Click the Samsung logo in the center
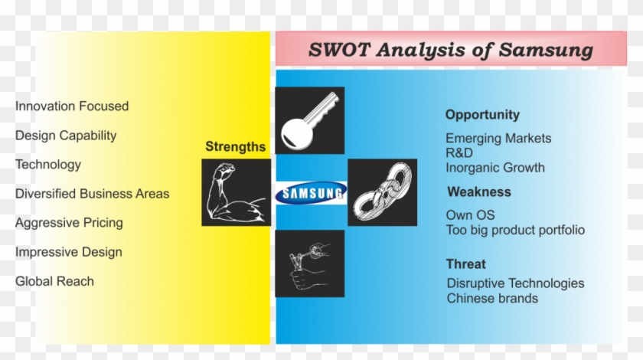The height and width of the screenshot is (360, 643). [312, 193]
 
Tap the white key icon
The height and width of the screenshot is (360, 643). [309, 121]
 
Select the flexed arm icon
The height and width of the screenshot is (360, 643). [237, 192]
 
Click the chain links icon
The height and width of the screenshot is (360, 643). [382, 192]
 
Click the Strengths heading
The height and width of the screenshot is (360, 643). [236, 146]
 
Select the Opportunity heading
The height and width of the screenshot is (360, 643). [482, 115]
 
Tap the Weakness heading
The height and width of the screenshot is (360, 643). [479, 191]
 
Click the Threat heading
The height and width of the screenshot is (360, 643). [466, 264]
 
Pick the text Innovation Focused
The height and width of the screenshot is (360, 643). [72, 106]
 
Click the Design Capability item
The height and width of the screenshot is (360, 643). [66, 136]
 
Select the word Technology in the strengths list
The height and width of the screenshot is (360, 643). [48, 165]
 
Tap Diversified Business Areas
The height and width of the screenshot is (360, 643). [93, 194]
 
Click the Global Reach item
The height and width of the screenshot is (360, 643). [54, 282]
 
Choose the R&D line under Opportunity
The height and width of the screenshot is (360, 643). [459, 153]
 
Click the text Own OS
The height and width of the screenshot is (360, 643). [470, 215]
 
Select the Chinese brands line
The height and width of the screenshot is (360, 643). [492, 299]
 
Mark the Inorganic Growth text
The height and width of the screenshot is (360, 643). [495, 168]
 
